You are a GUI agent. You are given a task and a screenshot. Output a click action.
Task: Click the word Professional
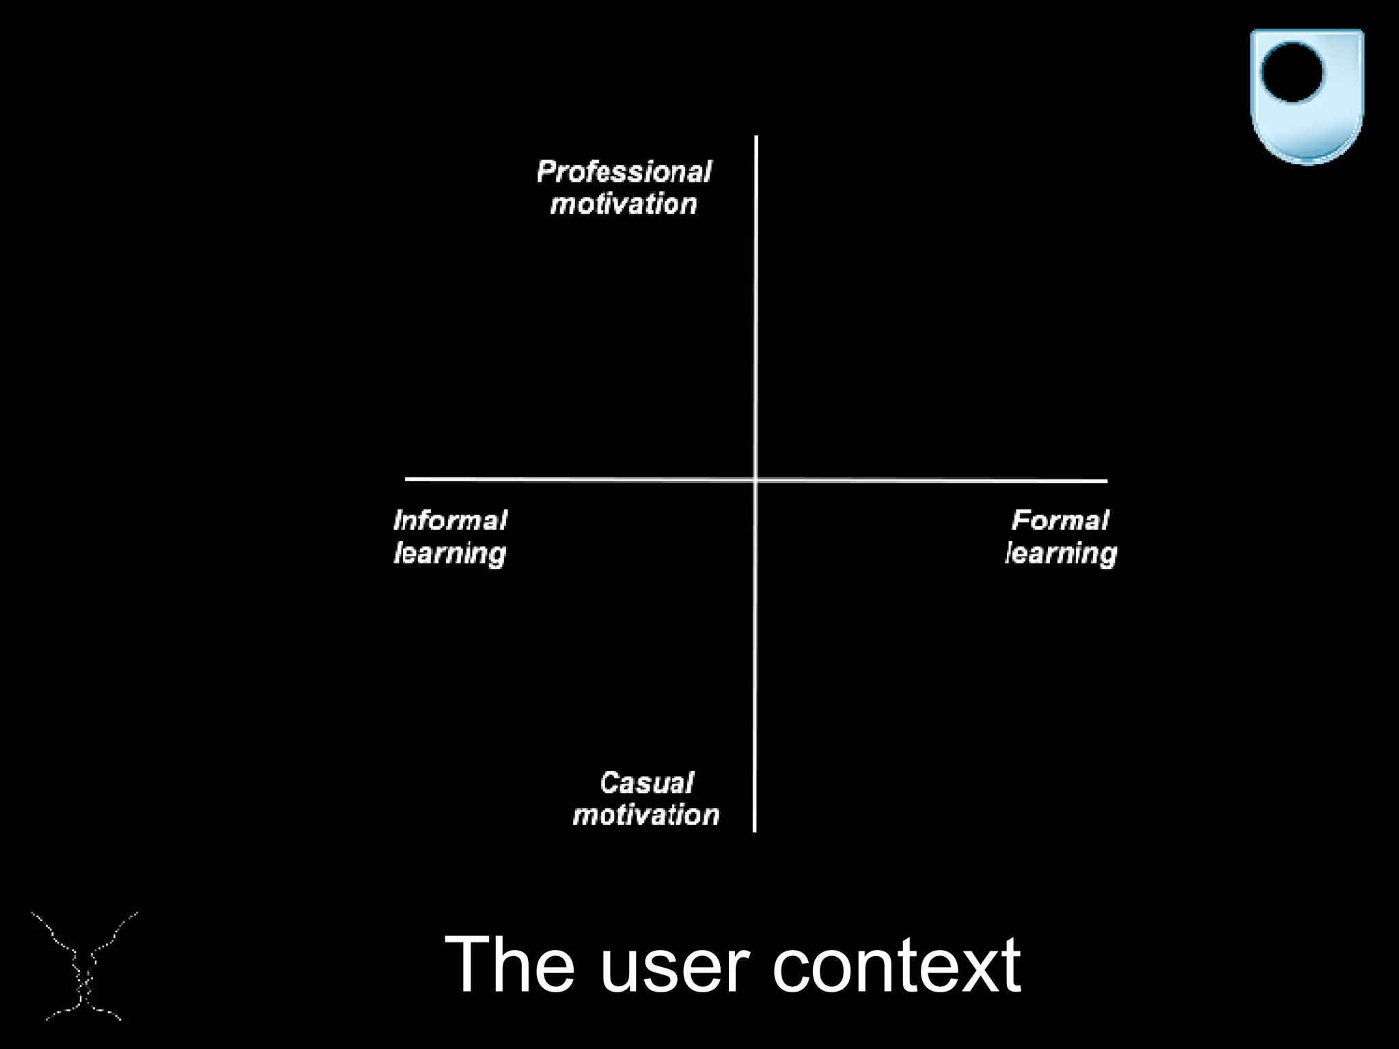click(624, 171)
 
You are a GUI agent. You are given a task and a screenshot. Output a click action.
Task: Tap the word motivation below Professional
click(624, 204)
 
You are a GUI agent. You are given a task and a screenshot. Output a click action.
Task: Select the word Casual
click(646, 783)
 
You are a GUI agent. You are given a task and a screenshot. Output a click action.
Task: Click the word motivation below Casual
click(646, 815)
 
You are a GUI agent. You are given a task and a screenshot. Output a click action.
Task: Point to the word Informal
click(450, 520)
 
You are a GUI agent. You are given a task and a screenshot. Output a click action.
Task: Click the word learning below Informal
click(450, 553)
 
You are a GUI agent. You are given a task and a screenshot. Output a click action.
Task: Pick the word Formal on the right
click(1060, 520)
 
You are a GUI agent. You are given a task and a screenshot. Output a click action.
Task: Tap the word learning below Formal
click(1061, 553)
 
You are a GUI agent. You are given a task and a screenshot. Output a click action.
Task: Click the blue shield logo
click(1307, 96)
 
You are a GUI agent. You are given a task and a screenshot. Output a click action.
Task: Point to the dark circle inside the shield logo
click(1292, 72)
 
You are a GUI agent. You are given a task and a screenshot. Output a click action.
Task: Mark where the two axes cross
click(756, 480)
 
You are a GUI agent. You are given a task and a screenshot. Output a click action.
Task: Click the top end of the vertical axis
click(756, 138)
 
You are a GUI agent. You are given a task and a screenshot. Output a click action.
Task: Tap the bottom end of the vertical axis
click(755, 830)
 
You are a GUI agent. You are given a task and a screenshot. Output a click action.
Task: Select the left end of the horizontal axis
click(408, 479)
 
